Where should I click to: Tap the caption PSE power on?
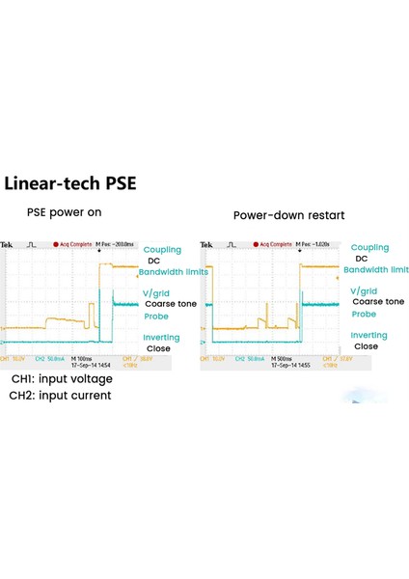coord(64,212)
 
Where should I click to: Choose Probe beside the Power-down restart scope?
coord(364,314)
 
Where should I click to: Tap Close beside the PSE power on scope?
coord(158,348)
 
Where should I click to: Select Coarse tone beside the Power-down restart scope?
coord(378,302)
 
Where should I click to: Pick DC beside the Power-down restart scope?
coord(362,259)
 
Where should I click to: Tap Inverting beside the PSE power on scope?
coord(161,338)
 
